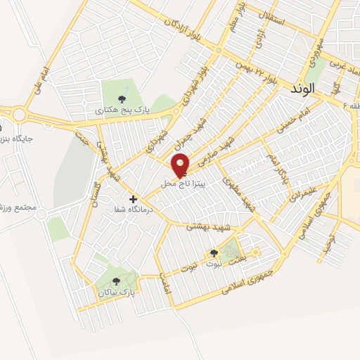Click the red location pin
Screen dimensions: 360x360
point(181,166)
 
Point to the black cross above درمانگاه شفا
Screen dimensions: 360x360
point(133,199)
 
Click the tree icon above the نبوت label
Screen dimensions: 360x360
point(214,253)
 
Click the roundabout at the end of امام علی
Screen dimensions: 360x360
point(19,115)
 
